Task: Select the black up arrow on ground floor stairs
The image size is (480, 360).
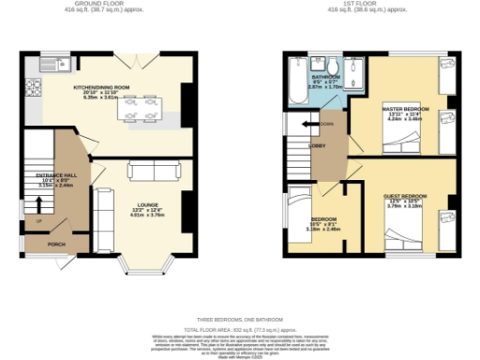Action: pos(38,221)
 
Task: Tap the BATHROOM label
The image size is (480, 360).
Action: pos(325,77)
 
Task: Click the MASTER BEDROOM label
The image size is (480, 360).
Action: pos(406,110)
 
